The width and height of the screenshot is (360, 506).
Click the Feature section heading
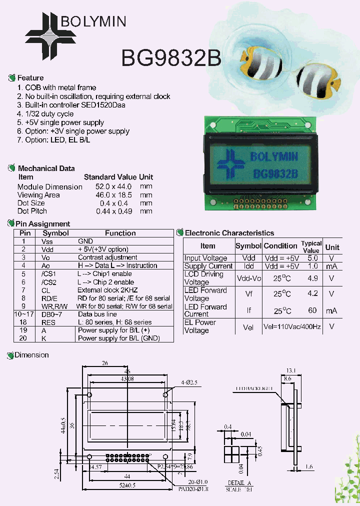pos(30,78)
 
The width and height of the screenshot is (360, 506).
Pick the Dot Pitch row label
pos(32,211)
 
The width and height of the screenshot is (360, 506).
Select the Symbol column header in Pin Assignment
pos(55,233)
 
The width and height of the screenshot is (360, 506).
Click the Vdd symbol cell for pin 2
pos(47,249)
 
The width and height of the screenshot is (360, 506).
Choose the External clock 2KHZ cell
pos(107,290)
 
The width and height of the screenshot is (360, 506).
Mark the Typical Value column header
pos(311,246)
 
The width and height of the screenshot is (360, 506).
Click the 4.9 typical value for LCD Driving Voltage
pos(312,278)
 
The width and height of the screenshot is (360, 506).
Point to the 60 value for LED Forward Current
pos(312,310)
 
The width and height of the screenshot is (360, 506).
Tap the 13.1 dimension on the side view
pos(291,371)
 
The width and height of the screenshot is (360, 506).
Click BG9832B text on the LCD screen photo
pos(275,174)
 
